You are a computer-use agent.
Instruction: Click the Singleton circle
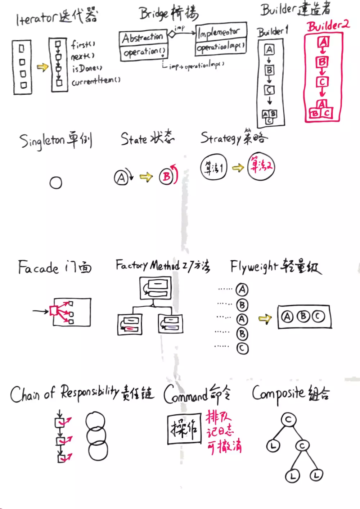pos(56,183)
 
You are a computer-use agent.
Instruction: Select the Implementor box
pos(221,32)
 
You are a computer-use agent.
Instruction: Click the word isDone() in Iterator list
pos(87,68)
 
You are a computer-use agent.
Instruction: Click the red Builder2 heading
pos(328,26)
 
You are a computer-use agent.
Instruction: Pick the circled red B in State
pos(166,177)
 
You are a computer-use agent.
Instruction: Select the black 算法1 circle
pos(214,167)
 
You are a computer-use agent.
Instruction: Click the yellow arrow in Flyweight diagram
pos(265,318)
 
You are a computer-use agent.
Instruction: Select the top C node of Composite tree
pos(288,420)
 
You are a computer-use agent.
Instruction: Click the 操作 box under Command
pos(184,429)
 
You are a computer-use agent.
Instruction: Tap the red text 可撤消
pos(224,446)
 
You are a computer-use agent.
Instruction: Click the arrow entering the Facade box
pos(40,311)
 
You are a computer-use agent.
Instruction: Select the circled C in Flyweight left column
pos(242,348)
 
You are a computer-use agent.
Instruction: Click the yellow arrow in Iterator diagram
pos(42,67)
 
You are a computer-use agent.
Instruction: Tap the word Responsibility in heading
pos(89,392)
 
